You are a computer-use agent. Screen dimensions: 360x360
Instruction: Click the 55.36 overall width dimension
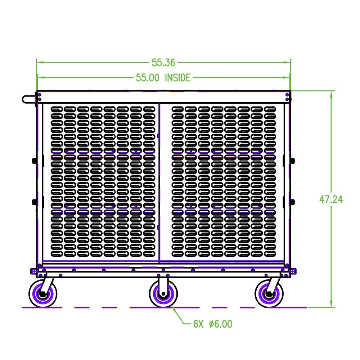tap(163, 63)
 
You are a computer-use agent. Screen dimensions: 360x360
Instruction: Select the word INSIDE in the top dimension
tap(177, 77)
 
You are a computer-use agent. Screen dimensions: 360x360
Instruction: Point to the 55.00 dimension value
tap(148, 77)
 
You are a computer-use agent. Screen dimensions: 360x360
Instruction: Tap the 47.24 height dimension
tap(331, 199)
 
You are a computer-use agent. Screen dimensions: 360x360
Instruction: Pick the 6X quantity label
tap(198, 324)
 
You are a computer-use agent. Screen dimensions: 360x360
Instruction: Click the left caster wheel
tap(43, 294)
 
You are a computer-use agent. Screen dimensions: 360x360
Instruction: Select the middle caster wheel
tap(163, 294)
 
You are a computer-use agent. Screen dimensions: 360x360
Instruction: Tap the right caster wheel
tap(269, 294)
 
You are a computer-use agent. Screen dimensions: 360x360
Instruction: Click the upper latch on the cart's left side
tap(35, 160)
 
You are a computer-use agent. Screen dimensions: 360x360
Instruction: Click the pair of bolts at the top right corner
tap(287, 97)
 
